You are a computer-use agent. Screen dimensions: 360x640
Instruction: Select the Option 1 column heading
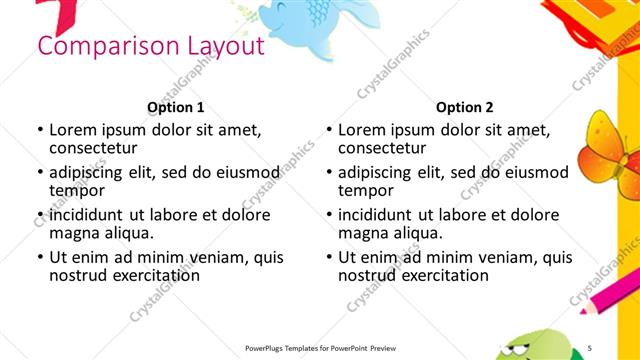(x=175, y=107)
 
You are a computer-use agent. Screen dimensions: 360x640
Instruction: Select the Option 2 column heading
(x=464, y=107)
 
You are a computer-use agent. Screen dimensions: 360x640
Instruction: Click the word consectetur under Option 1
(x=98, y=149)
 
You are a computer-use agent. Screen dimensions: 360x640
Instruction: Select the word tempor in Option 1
(x=78, y=191)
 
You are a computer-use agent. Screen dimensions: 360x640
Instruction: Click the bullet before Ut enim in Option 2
(x=329, y=257)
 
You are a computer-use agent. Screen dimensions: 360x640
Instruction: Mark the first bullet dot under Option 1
(x=40, y=130)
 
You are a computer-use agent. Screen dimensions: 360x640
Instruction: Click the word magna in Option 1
(x=74, y=233)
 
